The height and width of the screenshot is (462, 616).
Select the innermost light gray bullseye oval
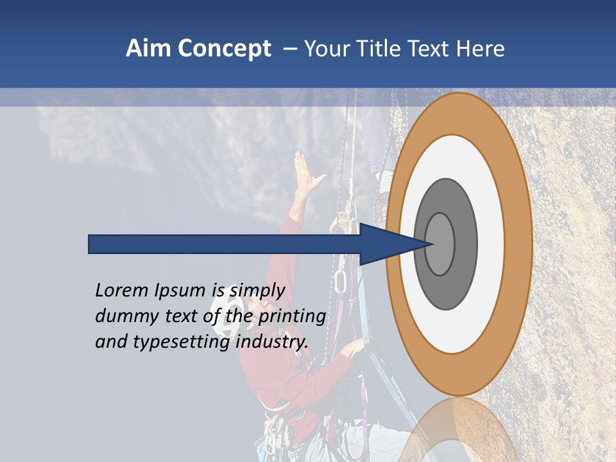point(440,244)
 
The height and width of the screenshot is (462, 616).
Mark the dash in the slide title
point(290,49)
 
